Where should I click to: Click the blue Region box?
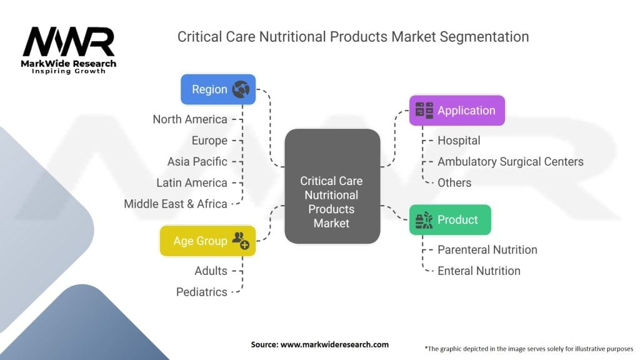pos(217,89)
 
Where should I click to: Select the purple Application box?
pos(456,111)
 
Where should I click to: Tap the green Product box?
pos(449,220)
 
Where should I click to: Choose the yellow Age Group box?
pos(207,241)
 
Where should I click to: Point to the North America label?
pos(190,119)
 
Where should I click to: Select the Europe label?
pos(210,141)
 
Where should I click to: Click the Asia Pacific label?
pos(197,162)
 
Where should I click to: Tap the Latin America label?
pos(192,183)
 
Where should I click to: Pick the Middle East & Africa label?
pos(176,204)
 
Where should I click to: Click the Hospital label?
pos(459,141)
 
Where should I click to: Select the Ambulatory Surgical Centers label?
pos(510,162)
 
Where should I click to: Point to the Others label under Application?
pos(454,183)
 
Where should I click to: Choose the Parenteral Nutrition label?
pos(487,250)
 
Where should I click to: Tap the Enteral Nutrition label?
pos(479,271)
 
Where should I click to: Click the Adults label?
pos(211,271)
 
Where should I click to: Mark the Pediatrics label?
pos(202,292)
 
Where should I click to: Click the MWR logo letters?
pos(69,42)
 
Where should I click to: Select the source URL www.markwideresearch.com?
pos(334,344)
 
